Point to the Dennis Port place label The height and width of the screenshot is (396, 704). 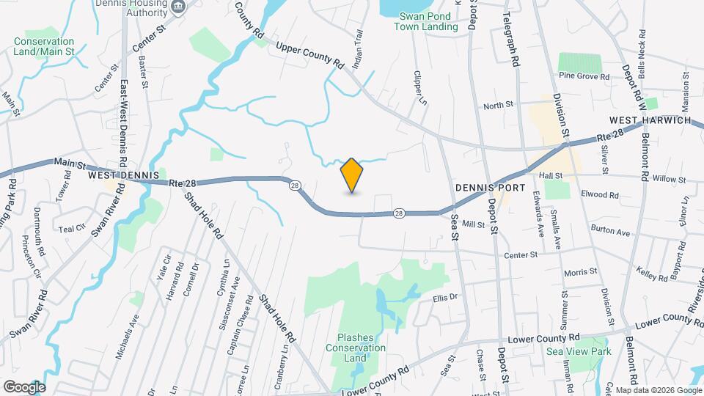[490, 188]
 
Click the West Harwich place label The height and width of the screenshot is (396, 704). [650, 120]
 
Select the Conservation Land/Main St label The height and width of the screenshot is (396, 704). [44, 46]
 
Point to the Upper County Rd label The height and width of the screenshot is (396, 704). [310, 55]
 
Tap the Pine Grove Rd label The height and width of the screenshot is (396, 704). [584, 76]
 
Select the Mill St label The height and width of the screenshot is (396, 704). [474, 224]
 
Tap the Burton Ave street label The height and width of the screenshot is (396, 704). [610, 232]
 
